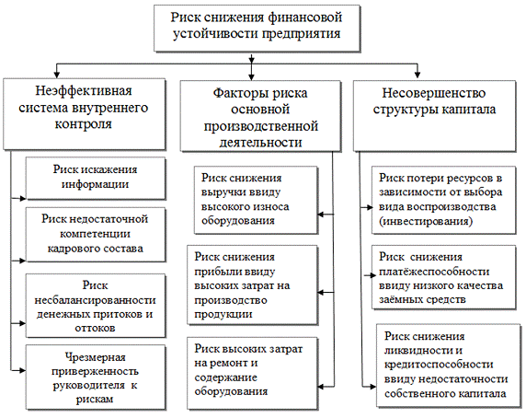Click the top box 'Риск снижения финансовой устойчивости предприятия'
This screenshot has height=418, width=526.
(x=257, y=28)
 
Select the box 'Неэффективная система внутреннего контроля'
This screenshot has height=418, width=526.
(x=85, y=114)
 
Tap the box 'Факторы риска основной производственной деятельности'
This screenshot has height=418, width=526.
(x=260, y=116)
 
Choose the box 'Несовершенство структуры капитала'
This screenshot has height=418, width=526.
(x=434, y=115)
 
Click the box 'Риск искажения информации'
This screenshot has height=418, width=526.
(x=96, y=179)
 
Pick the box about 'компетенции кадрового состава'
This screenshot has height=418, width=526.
(x=96, y=235)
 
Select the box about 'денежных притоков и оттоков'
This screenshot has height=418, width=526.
(x=96, y=306)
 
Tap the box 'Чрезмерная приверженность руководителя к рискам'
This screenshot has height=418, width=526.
(x=96, y=377)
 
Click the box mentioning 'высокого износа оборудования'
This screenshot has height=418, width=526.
(x=256, y=200)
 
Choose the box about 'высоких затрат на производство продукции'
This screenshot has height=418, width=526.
(x=252, y=285)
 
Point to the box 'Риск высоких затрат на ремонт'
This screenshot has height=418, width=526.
(x=252, y=374)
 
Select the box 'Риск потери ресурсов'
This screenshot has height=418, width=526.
(x=443, y=200)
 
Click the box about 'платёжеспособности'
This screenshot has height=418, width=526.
(x=443, y=277)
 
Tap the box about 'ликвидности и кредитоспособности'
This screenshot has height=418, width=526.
(x=448, y=366)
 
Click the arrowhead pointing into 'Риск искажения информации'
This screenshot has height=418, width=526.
(x=23, y=199)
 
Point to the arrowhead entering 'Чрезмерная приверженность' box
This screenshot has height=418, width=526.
(x=23, y=371)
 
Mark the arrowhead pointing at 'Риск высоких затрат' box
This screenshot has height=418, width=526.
(x=321, y=387)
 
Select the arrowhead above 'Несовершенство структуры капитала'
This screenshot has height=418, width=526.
(x=417, y=75)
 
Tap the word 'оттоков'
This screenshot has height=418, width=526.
(x=95, y=328)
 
